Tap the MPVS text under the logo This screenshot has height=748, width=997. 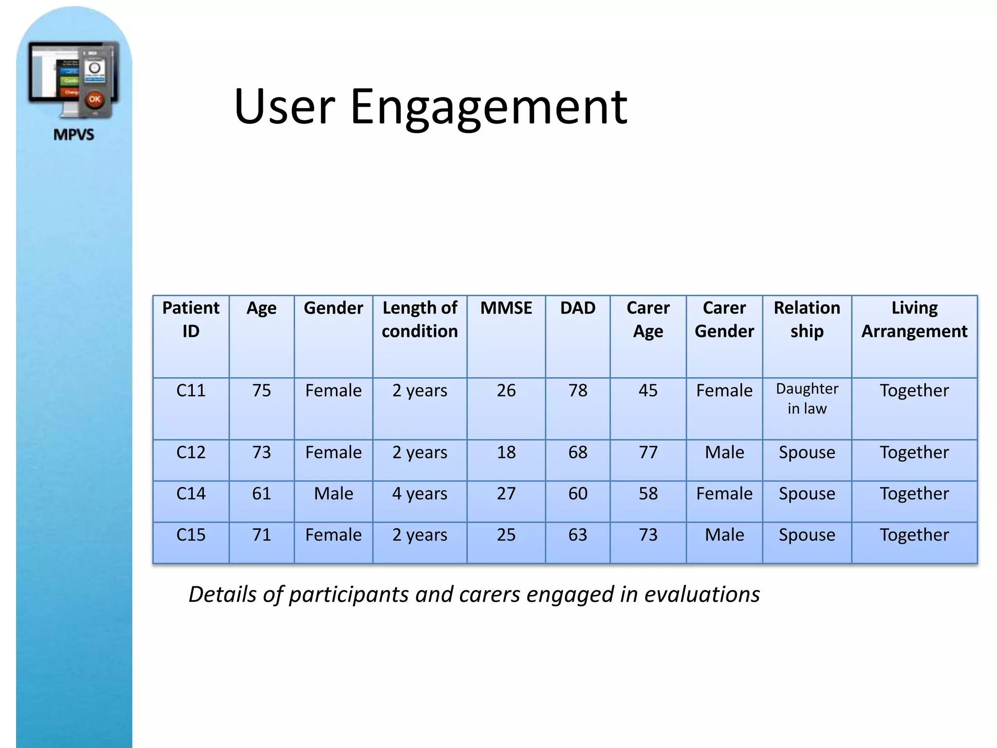pyautogui.click(x=74, y=134)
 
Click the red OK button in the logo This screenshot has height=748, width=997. pyautogui.click(x=94, y=99)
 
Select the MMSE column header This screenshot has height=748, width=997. pyautogui.click(x=506, y=308)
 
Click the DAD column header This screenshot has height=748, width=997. pyautogui.click(x=577, y=308)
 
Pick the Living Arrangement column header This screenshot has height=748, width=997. pyautogui.click(x=914, y=319)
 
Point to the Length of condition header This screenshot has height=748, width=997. pyautogui.click(x=420, y=319)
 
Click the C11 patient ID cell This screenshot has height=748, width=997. pyautogui.click(x=191, y=391)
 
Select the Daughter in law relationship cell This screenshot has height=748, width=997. pyautogui.click(x=807, y=398)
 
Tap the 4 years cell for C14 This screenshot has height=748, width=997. pyautogui.click(x=420, y=494)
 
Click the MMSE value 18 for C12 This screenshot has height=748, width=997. pyautogui.click(x=506, y=452)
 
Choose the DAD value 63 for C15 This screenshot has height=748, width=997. pyautogui.click(x=577, y=535)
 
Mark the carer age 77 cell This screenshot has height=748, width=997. pyautogui.click(x=648, y=452)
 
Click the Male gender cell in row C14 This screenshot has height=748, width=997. pyautogui.click(x=333, y=494)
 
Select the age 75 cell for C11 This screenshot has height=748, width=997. pyautogui.click(x=261, y=391)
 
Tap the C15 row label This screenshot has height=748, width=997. pyautogui.click(x=191, y=535)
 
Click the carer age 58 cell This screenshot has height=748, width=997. pyautogui.click(x=648, y=494)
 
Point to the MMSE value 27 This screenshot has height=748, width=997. pyautogui.click(x=506, y=494)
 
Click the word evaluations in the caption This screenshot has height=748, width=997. pyautogui.click(x=702, y=595)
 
